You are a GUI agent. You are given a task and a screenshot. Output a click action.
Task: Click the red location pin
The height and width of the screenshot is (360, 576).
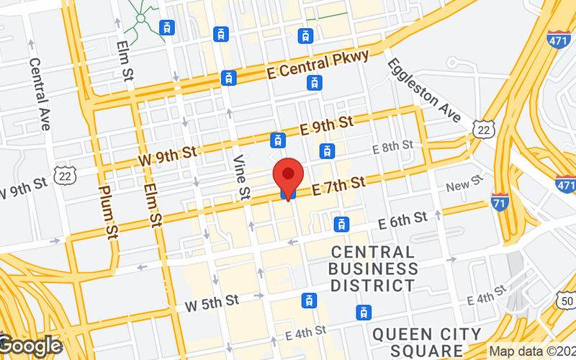click(289, 176)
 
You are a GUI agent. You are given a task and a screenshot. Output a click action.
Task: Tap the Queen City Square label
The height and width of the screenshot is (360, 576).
click(427, 343)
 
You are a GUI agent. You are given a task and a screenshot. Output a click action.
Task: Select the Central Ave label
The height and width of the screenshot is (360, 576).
click(39, 94)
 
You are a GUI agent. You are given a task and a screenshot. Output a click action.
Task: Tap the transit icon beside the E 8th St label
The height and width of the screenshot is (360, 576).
click(328, 150)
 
